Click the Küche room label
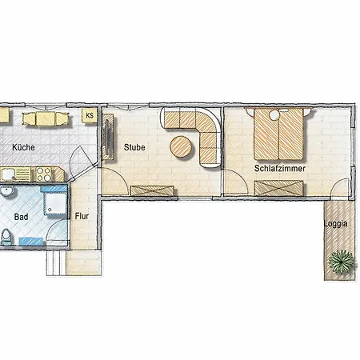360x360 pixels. [23, 147]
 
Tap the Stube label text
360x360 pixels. [134, 147]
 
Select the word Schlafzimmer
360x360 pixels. [280, 168]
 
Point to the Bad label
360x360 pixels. [21, 217]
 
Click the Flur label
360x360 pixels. [82, 216]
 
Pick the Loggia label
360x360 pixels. [336, 224]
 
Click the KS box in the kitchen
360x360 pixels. [90, 115]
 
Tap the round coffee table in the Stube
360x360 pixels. [181, 146]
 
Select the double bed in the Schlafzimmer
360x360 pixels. [278, 134]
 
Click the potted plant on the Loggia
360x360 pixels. [342, 261]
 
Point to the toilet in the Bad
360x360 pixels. [6, 237]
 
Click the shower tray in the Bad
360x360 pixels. [55, 203]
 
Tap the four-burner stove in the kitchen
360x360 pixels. [43, 174]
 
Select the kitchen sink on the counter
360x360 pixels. [8, 174]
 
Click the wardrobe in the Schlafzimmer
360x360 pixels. [278, 188]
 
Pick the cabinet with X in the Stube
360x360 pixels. [152, 191]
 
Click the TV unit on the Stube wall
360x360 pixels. [108, 137]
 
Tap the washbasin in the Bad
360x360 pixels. [6, 191]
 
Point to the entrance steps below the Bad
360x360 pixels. [56, 262]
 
